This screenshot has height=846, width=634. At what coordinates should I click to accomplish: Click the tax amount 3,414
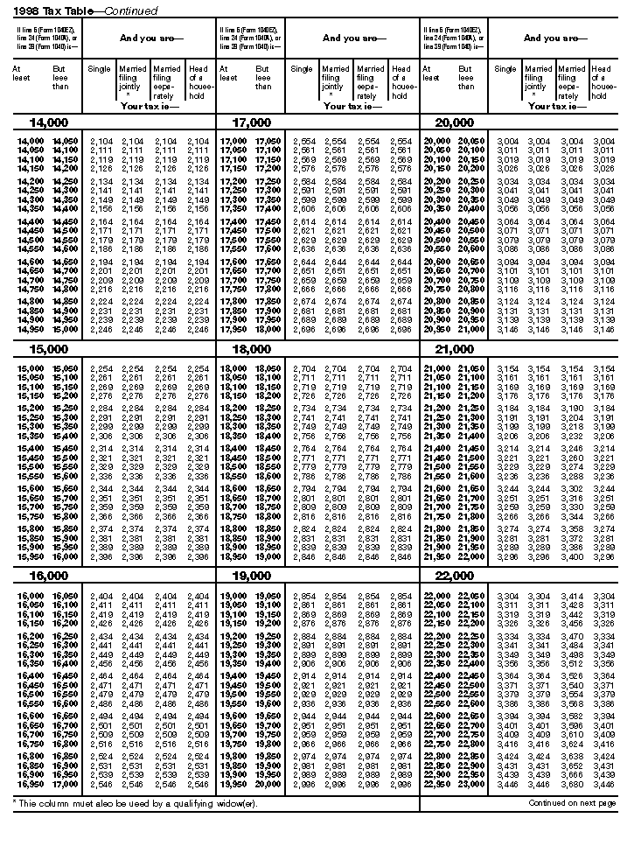[573, 596]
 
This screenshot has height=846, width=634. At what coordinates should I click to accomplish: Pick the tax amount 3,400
[573, 556]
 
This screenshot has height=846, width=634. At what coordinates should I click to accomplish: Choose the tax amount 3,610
[573, 735]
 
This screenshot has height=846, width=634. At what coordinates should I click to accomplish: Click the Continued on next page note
[573, 802]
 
